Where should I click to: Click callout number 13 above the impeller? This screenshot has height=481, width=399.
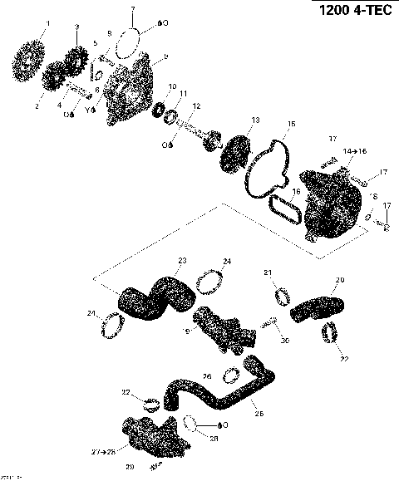[255, 120]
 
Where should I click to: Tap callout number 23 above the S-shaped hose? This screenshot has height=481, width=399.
[182, 261]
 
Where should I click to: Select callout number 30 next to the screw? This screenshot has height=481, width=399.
[284, 341]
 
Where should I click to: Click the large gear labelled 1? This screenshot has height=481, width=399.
[32, 57]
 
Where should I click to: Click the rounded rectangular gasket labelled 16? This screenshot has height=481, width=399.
[285, 208]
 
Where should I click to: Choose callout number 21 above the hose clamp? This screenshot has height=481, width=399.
[268, 273]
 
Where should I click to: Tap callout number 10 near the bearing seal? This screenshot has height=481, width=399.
[173, 86]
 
